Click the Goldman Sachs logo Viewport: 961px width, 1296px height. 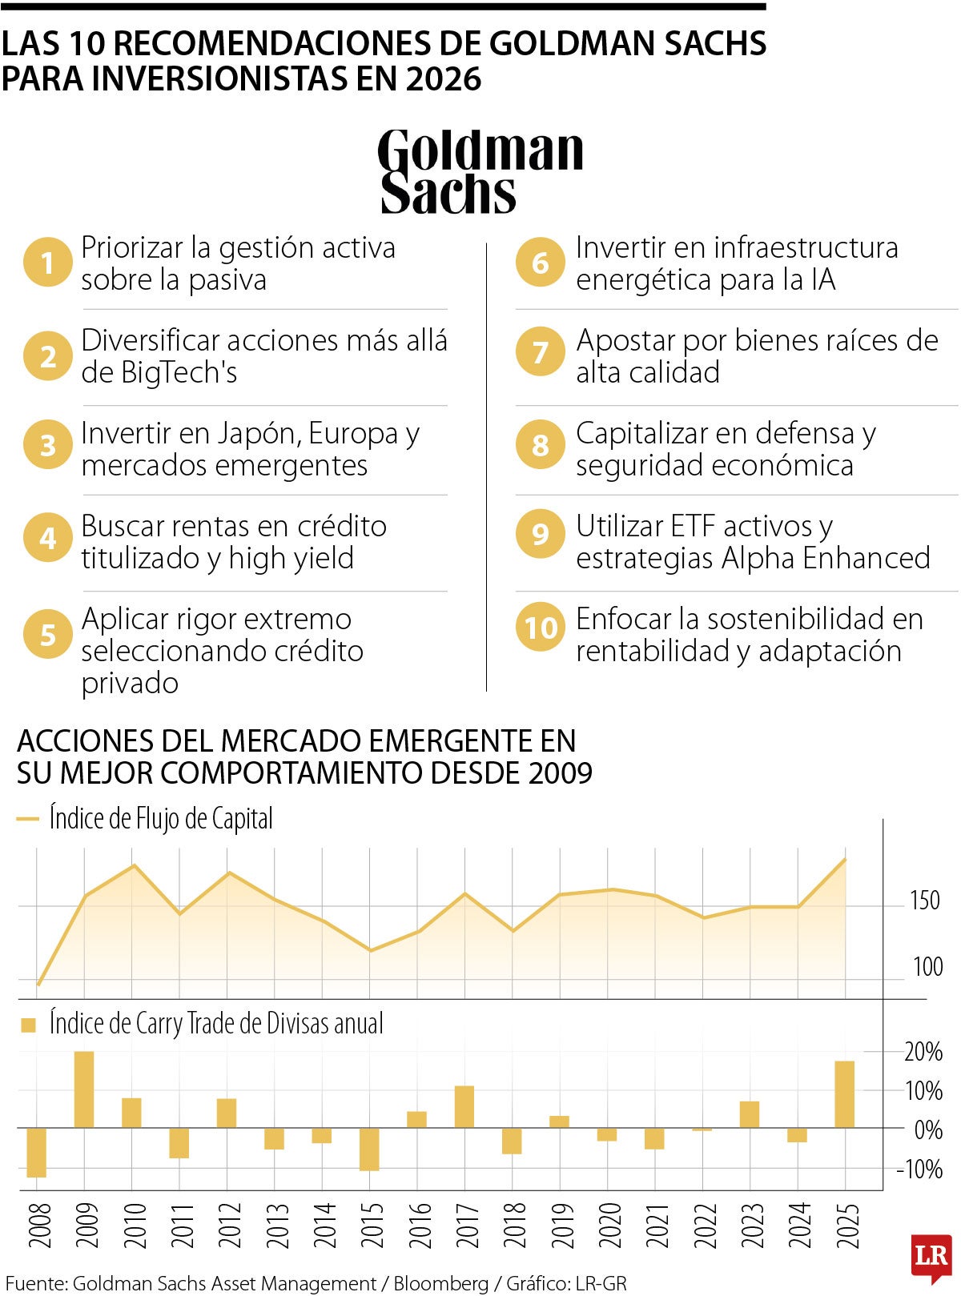pos(480,171)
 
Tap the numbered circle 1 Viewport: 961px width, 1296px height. pos(48,263)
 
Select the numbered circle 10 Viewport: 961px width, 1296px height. pos(541,627)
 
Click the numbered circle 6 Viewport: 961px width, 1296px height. pos(541,263)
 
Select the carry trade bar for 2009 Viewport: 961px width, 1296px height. pos(84,1089)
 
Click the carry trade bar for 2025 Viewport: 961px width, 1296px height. pos(845,1094)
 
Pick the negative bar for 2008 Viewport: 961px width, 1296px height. pos(37,1152)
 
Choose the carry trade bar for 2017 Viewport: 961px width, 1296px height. pos(464,1106)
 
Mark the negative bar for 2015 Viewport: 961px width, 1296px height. pos(369,1149)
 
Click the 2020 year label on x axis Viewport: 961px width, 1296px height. pos(609,1226)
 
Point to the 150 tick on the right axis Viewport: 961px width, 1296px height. pos(924,901)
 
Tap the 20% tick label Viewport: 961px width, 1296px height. pos(923,1052)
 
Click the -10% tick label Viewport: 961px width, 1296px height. pos(919,1170)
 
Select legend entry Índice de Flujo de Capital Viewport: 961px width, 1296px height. pos(160,819)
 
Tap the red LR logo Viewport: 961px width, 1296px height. pos(931,1255)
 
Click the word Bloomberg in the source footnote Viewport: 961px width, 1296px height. pos(440,1283)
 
